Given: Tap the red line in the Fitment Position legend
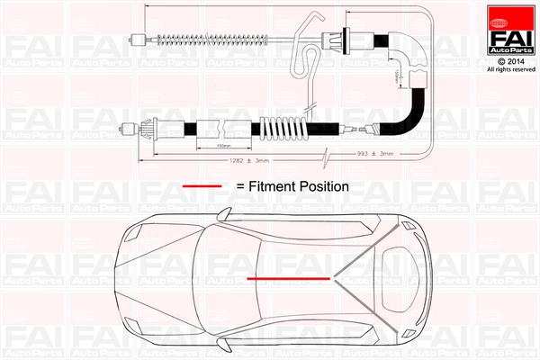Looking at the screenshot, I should coord(203,186).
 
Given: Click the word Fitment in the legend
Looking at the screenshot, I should coord(278,186).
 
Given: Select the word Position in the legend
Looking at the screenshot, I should coord(326,186).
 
